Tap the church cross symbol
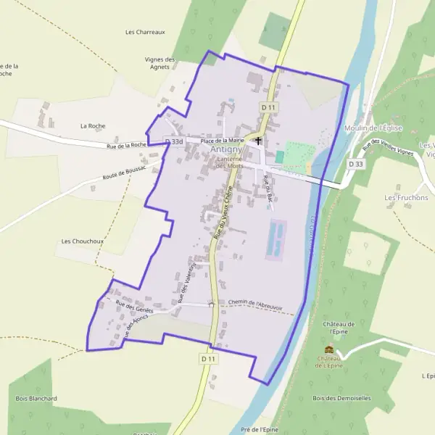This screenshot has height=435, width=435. pyautogui.click(x=257, y=141)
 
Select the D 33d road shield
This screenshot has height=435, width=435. pyautogui.click(x=173, y=142)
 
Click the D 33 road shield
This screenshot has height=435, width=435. pyautogui.click(x=355, y=165)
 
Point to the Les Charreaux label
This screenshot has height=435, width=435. pyautogui.click(x=145, y=32)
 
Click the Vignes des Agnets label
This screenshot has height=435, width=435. pyautogui.click(x=160, y=63)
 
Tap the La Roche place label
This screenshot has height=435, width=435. pyautogui.click(x=93, y=125)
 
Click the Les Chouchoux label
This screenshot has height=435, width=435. pyautogui.click(x=79, y=241)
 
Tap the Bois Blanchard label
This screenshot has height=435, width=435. pyautogui.click(x=36, y=398)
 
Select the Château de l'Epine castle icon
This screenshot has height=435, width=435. pyautogui.click(x=329, y=349)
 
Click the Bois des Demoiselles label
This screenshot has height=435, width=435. pyautogui.click(x=341, y=398)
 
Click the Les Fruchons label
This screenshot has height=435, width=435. pyautogui.click(x=406, y=197)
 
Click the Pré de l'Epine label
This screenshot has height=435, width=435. pyautogui.click(x=259, y=429)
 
